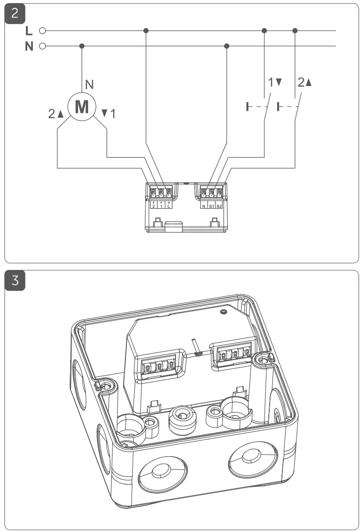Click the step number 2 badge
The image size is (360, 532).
click(15, 13)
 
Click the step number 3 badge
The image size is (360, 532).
click(15, 280)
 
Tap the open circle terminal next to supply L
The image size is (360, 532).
click(43, 31)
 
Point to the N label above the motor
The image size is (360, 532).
click(89, 84)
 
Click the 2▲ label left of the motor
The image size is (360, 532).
click(56, 114)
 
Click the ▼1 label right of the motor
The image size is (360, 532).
click(109, 114)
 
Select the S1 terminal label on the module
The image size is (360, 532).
click(211, 206)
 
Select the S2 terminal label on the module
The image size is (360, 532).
click(219, 206)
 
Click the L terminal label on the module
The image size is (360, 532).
click(169, 206)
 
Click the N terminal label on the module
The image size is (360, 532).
click(204, 206)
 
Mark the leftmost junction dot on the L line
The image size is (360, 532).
click(146, 31)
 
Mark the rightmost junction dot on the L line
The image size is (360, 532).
click(295, 31)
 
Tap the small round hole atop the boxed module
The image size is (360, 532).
click(224, 311)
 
